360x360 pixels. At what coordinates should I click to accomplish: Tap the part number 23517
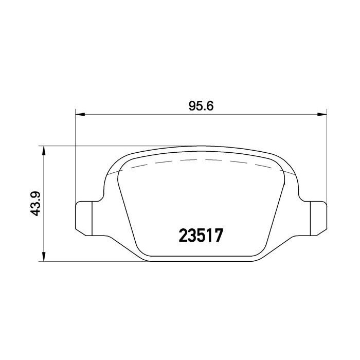point(201,236)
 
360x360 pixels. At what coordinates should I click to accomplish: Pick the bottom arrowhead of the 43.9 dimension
point(44,258)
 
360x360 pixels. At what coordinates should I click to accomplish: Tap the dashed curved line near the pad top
point(201,160)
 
